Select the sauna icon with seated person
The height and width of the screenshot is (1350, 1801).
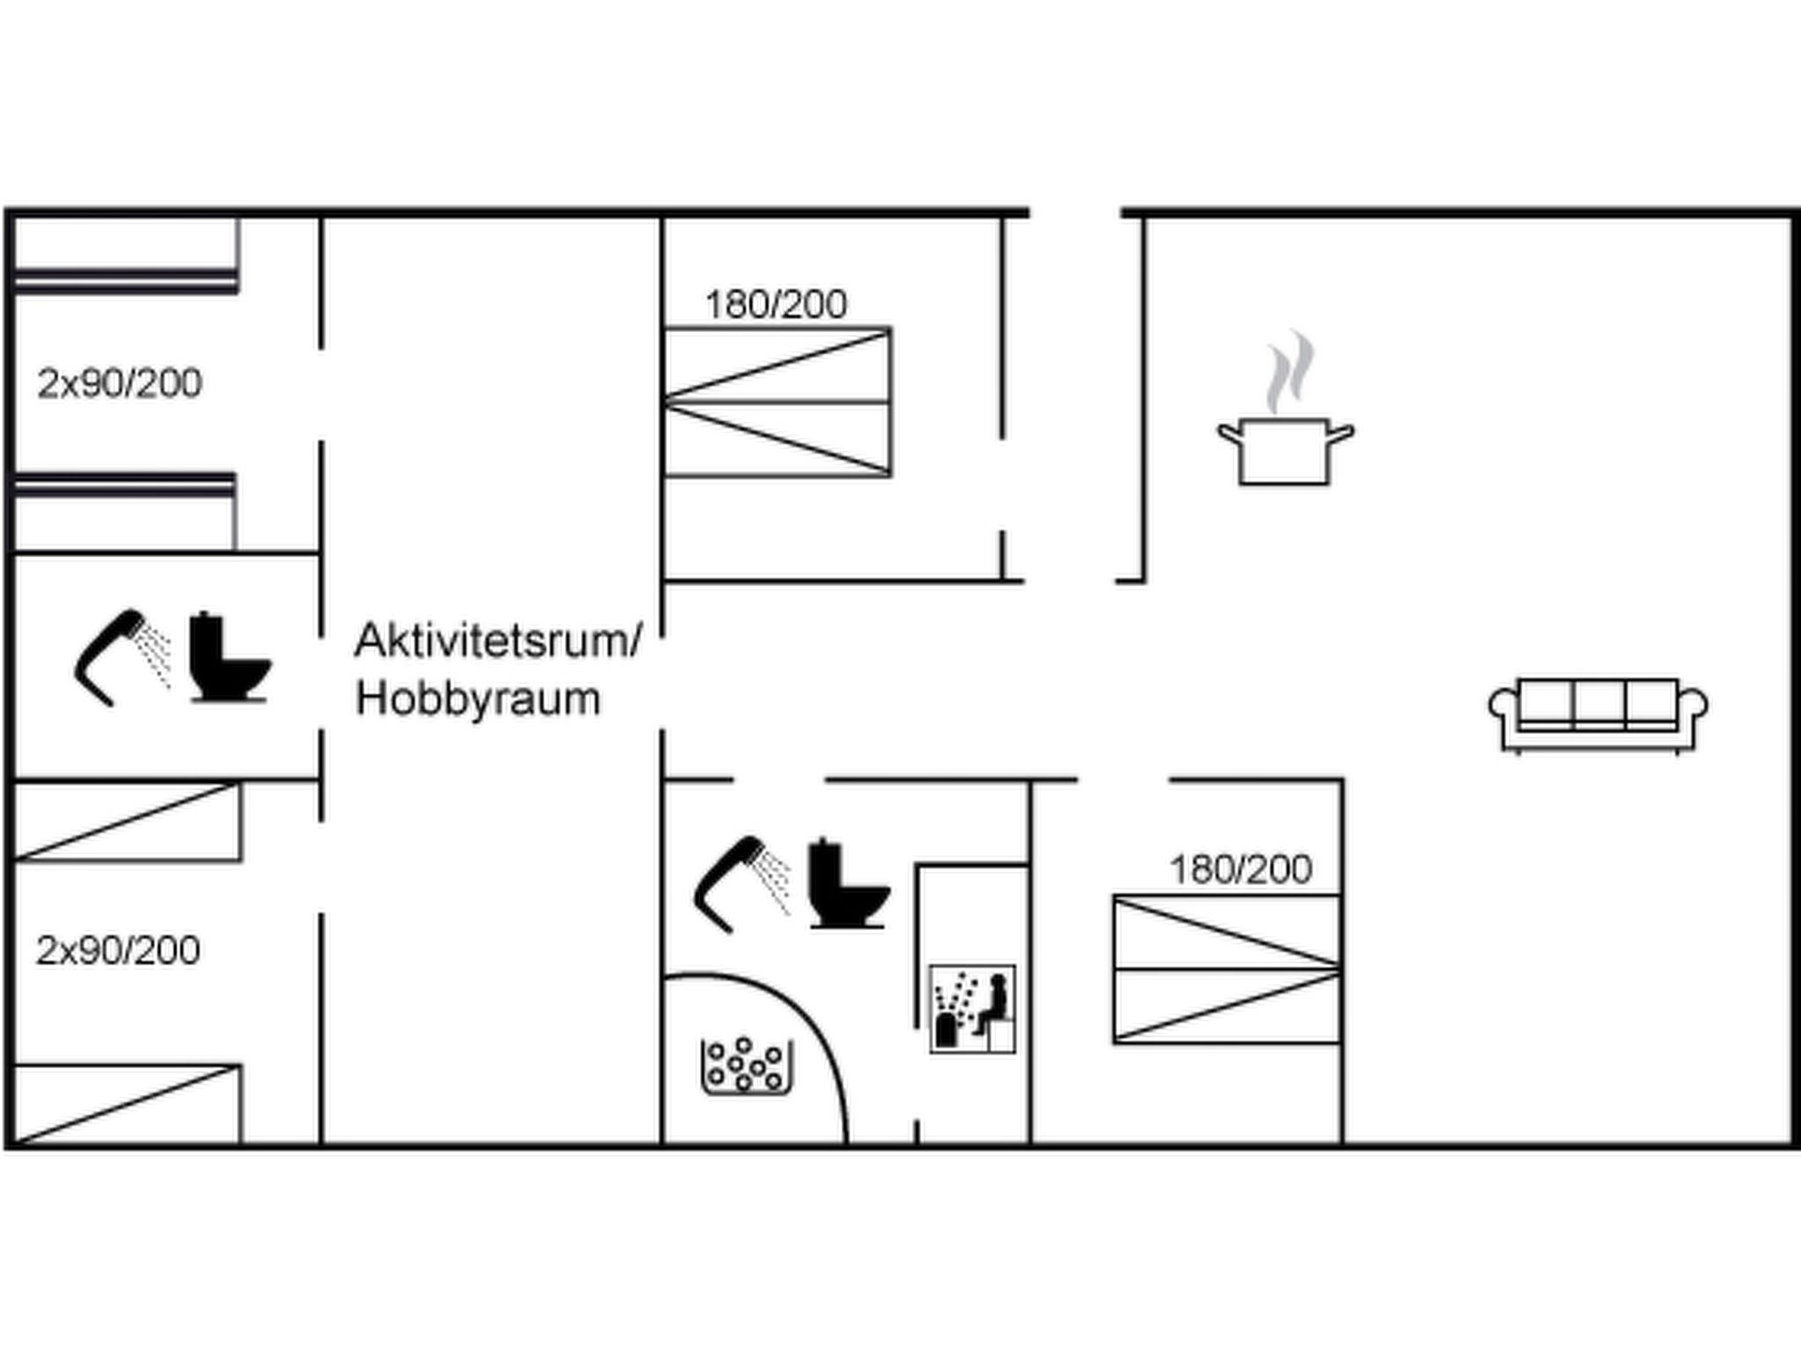click(973, 1008)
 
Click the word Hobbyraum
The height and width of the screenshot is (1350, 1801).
click(478, 700)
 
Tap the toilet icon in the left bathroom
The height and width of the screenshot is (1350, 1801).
click(229, 658)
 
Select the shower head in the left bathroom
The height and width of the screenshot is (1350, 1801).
click(120, 657)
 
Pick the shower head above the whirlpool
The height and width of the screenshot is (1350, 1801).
click(740, 883)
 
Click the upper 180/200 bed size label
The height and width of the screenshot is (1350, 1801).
click(776, 305)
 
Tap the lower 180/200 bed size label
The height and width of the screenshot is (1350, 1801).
click(1240, 870)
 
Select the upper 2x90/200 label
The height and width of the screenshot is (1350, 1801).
click(120, 383)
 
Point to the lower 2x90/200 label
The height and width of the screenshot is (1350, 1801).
click(118, 950)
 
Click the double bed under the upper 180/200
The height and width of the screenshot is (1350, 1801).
click(777, 403)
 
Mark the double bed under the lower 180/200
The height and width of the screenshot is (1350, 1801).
click(1227, 969)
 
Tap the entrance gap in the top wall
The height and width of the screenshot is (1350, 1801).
click(1075, 213)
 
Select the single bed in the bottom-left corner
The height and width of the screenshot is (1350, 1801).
click(128, 1104)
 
